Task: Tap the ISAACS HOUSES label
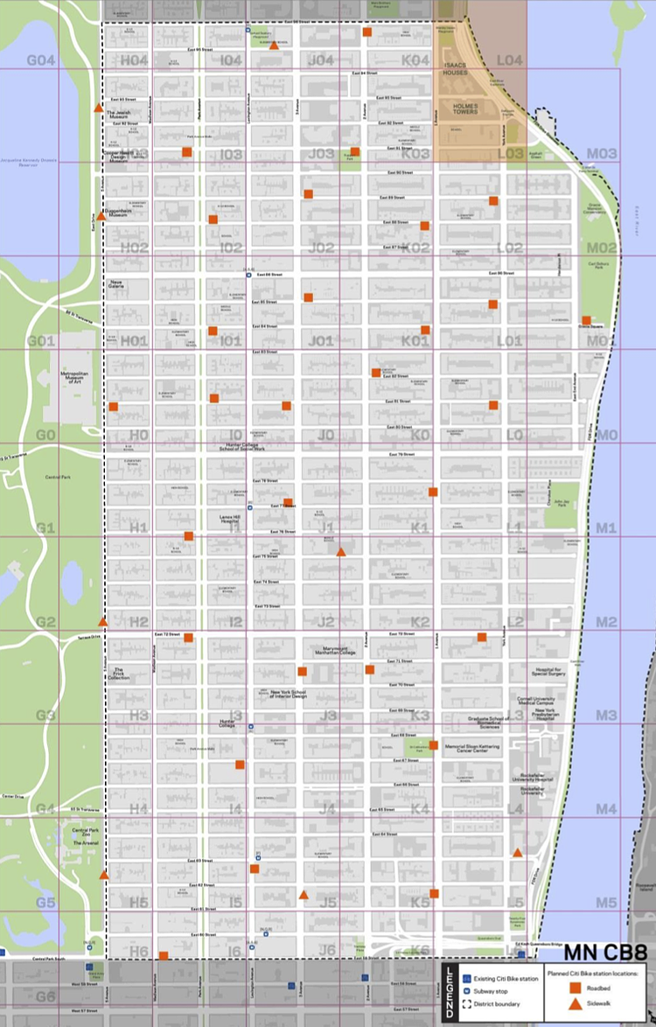pos(456,69)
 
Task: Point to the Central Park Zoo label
pos(85,832)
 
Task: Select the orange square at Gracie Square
pos(586,320)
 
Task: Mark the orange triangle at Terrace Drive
pos(102,622)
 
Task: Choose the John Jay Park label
pos(562,502)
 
